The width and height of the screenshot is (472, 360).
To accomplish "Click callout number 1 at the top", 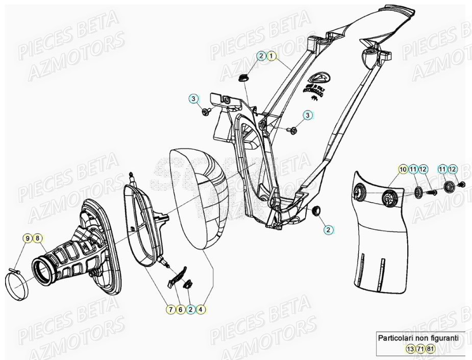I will tap(271, 55).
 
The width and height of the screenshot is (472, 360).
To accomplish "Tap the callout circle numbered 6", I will tap(180, 309).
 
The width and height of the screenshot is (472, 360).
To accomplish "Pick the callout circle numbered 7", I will tap(170, 309).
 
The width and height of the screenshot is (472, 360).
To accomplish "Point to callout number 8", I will tap(37, 238).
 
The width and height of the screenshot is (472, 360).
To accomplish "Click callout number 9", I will tap(27, 238).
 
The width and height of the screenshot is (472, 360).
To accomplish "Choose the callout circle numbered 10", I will tap(403, 169).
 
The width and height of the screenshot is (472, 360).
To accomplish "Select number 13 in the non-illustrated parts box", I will tap(411, 349).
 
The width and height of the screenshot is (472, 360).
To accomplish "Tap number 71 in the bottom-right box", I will tap(421, 349).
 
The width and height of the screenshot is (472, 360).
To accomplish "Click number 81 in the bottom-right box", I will tap(431, 349).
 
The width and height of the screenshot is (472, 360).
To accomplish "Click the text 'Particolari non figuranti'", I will tap(418, 338).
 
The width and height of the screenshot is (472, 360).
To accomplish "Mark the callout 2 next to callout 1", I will tap(261, 55).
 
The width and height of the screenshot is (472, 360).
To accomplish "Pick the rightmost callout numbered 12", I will tap(453, 169).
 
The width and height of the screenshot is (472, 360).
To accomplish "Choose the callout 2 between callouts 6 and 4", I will tap(190, 309).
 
